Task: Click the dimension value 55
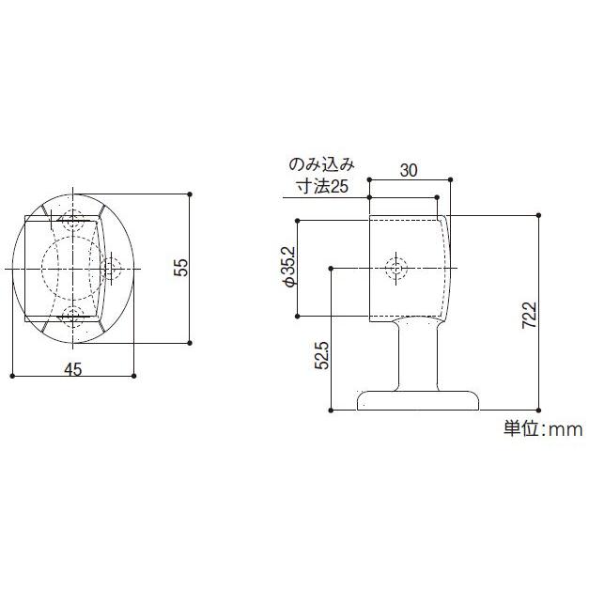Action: [182, 269]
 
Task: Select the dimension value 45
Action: [72, 369]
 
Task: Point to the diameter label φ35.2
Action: [288, 268]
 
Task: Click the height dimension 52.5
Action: [322, 358]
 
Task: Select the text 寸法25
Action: [322, 187]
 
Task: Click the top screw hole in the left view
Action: [70, 225]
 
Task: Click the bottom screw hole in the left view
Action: [70, 314]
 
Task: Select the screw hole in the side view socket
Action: [397, 268]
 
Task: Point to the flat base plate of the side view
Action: [417, 401]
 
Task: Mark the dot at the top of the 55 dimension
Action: [191, 194]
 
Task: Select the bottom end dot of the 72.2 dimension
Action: [539, 411]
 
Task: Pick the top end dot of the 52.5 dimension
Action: [332, 269]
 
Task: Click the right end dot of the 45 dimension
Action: [133, 377]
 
